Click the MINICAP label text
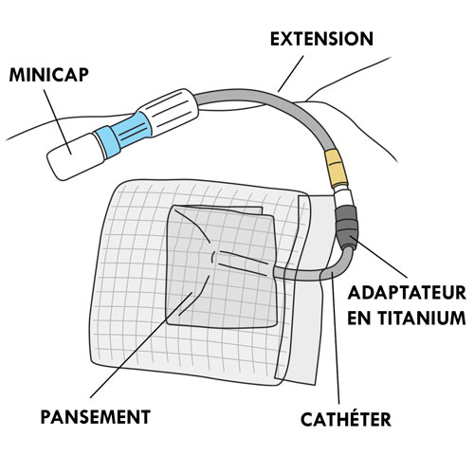(x=48, y=75)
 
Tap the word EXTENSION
(x=321, y=39)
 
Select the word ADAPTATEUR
(x=407, y=293)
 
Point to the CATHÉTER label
(x=346, y=419)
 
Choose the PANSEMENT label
(x=96, y=417)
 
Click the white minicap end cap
(x=76, y=156)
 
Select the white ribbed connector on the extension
(x=170, y=113)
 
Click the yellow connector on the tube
(x=337, y=168)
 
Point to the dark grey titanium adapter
(x=347, y=225)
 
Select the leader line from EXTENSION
(x=291, y=74)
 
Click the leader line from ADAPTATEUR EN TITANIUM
(x=378, y=257)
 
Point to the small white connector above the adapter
(x=343, y=196)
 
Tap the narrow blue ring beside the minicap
(x=107, y=142)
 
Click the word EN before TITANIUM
(x=358, y=319)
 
